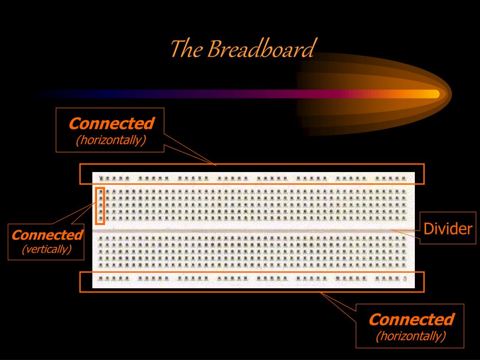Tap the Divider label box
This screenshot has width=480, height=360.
pyautogui.click(x=447, y=229)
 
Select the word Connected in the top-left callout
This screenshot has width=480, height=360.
pyautogui.click(x=111, y=124)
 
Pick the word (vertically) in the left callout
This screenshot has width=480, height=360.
pyautogui.click(x=46, y=249)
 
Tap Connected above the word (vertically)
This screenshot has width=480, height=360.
pyautogui.click(x=47, y=235)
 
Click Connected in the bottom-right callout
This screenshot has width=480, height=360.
pyautogui.click(x=411, y=320)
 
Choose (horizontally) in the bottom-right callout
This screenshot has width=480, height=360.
pyautogui.click(x=411, y=336)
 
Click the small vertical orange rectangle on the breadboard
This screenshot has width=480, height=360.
pyautogui.click(x=99, y=206)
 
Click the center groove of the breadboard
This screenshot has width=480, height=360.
pyautogui.click(x=253, y=231)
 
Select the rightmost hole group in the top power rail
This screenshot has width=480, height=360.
pyautogui.click(x=393, y=179)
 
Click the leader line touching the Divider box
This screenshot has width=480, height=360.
pyautogui.click(x=405, y=230)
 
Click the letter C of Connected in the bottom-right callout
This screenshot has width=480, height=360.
pyautogui.click(x=374, y=320)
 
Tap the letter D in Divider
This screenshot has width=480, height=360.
pyautogui.click(x=427, y=229)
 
